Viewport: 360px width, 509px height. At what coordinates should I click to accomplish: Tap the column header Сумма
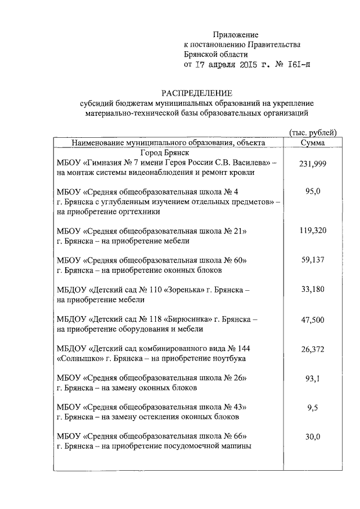313,143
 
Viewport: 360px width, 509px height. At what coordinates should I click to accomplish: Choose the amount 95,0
313,192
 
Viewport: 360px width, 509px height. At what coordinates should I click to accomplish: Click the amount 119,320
313,231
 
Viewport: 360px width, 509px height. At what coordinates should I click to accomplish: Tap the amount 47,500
313,319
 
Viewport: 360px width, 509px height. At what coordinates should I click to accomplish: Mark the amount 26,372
313,349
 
